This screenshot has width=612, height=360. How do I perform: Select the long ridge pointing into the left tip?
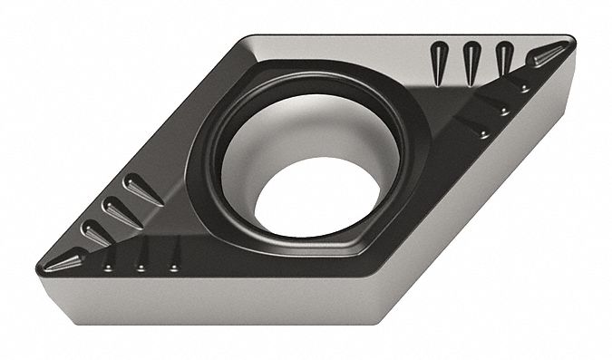click(x=68, y=262)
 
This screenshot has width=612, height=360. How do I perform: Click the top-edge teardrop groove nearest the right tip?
click(x=504, y=58)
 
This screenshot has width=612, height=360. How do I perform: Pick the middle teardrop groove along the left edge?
click(x=119, y=211)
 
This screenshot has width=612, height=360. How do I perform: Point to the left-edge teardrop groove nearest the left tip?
click(x=96, y=234)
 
